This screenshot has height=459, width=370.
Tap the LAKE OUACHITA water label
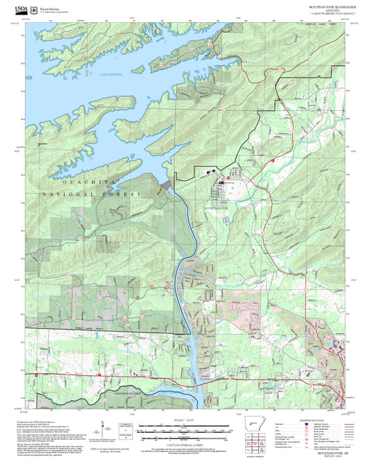[x=110, y=74]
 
